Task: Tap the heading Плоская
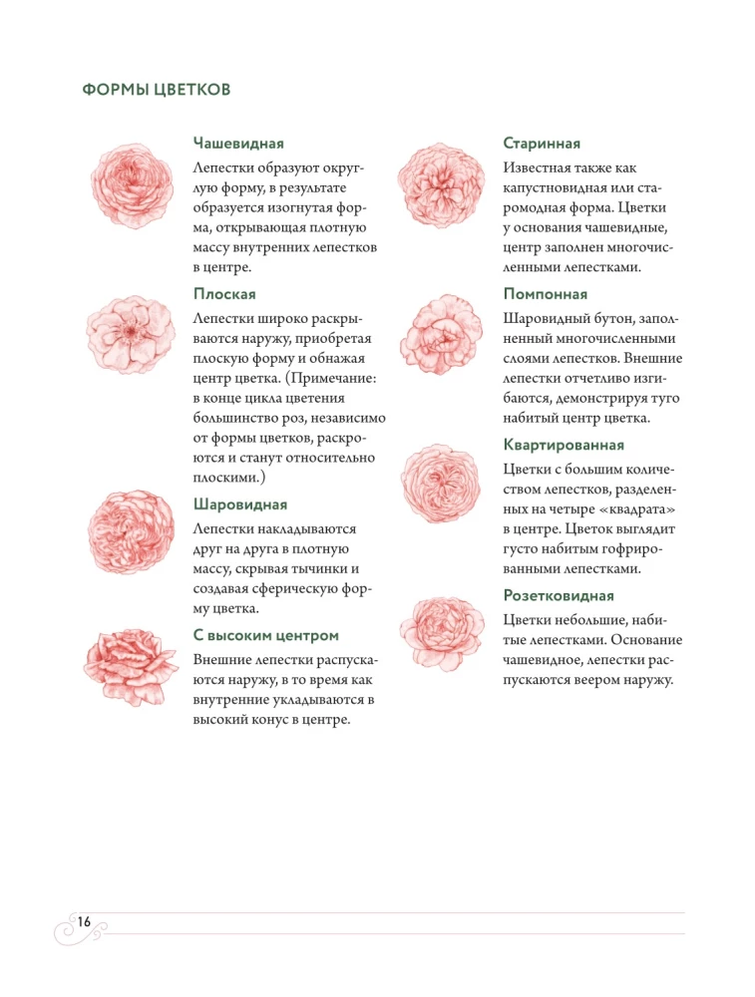pyautogui.click(x=224, y=294)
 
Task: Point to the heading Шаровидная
pyautogui.click(x=240, y=504)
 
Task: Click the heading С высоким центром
pyautogui.click(x=266, y=635)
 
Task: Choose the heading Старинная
pyautogui.click(x=543, y=144)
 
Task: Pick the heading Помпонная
pyautogui.click(x=546, y=294)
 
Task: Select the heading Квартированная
pyautogui.click(x=564, y=445)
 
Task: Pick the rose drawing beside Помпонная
pyautogui.click(x=439, y=333)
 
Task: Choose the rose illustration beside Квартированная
pyautogui.click(x=439, y=483)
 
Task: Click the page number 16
pyautogui.click(x=83, y=920)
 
